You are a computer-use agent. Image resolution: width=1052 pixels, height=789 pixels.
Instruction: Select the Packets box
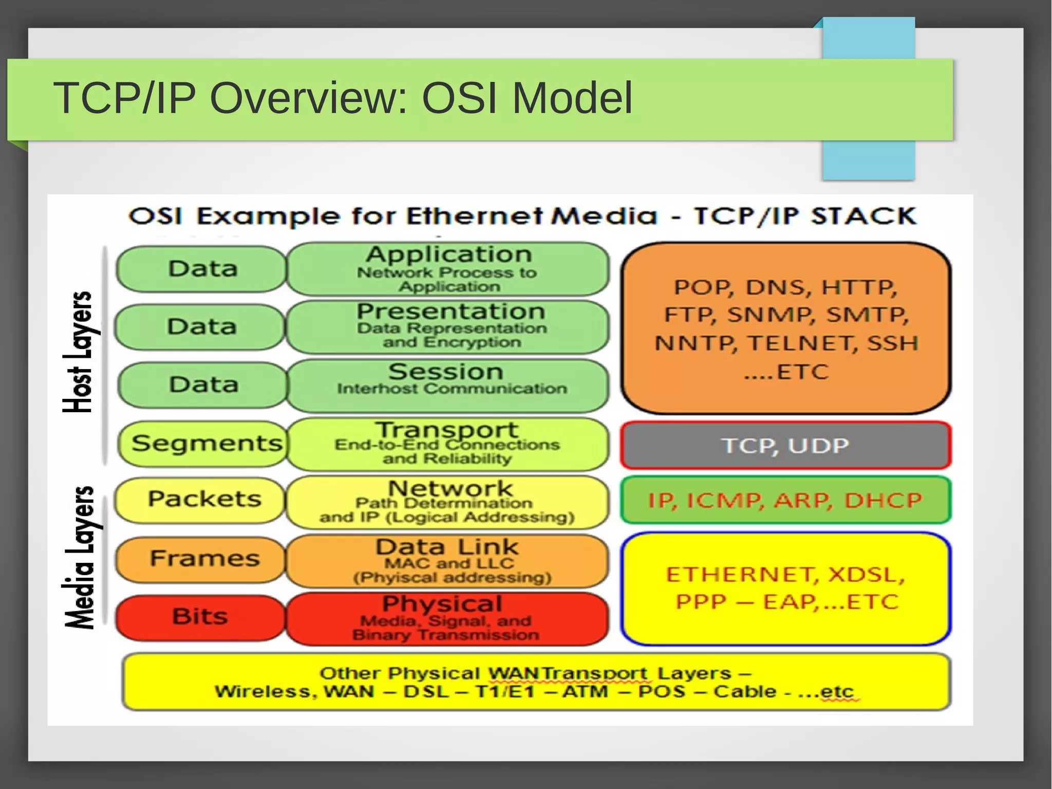(x=203, y=499)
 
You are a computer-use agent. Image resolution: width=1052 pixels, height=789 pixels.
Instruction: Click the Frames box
(x=203, y=558)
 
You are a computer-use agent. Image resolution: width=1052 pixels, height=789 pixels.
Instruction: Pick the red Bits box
(x=200, y=616)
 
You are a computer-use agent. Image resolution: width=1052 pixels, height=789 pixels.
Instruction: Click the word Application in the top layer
(x=448, y=254)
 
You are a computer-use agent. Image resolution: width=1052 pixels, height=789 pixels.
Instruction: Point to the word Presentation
(x=451, y=311)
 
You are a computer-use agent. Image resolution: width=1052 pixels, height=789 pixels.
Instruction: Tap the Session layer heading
(x=446, y=372)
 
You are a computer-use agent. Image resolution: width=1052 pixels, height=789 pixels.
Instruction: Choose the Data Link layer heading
(x=447, y=547)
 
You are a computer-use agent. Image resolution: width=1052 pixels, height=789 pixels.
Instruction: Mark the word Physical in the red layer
(x=442, y=604)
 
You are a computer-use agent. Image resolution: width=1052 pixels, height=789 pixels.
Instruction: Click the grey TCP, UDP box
(x=785, y=445)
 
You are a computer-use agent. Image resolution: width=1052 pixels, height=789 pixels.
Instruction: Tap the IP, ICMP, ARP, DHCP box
(x=785, y=500)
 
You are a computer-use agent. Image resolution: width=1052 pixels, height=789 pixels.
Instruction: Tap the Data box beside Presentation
(x=201, y=326)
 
